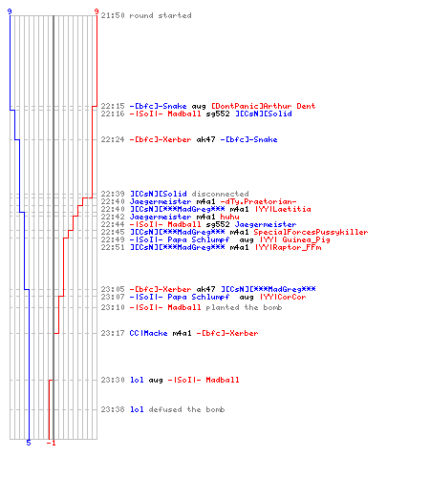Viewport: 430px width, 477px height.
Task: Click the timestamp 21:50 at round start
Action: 113,15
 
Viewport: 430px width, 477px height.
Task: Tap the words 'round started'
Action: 161,15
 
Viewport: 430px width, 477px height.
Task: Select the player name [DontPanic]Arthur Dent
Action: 264,106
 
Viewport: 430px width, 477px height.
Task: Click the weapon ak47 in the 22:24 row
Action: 205,139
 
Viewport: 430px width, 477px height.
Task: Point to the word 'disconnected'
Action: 220,194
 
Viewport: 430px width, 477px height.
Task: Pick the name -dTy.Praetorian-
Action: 258,201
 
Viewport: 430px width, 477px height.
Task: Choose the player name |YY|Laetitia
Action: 283,209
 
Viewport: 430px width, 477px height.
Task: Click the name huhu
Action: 229,217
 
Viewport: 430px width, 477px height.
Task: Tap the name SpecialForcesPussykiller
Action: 311,232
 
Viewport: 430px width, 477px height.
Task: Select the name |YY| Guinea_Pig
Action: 295,239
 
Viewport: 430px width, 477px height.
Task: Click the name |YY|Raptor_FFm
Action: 288,247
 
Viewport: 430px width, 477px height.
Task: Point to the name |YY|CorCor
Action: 283,297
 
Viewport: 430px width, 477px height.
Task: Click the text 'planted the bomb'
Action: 244,307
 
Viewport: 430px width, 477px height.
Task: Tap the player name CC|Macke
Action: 148,333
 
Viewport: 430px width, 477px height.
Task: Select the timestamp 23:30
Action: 113,380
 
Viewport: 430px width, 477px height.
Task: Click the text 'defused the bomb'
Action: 186,409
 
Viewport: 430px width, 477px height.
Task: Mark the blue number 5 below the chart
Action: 29,443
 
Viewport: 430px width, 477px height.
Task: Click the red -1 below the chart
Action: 51,443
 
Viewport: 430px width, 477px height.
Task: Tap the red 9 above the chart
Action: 97,11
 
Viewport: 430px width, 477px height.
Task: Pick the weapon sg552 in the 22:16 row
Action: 218,114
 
